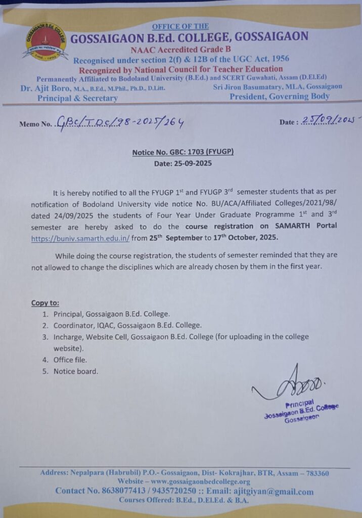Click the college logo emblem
click(x=46, y=41)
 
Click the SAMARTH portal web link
click(x=80, y=238)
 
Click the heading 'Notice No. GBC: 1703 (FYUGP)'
click(x=183, y=152)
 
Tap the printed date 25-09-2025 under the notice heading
click(x=183, y=163)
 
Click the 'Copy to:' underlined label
click(x=45, y=303)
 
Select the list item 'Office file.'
click(x=70, y=360)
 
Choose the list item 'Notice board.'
click(x=76, y=371)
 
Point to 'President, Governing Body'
click(x=279, y=97)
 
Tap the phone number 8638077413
click(x=118, y=491)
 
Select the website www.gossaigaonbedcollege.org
click(x=200, y=482)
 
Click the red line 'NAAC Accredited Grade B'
click(x=173, y=50)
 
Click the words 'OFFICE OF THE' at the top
click(x=180, y=26)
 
